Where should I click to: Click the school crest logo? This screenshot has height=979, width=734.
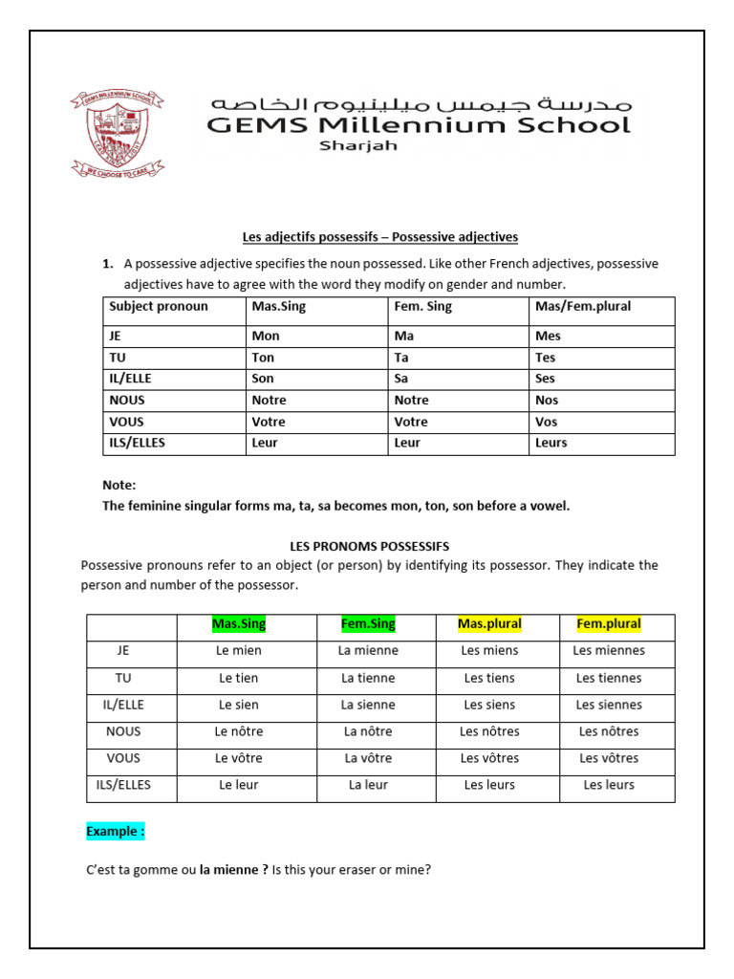[x=117, y=134]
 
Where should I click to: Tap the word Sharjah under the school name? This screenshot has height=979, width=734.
[x=357, y=146]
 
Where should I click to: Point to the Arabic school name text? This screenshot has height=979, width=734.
[x=421, y=102]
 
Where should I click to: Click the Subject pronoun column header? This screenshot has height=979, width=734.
[x=159, y=307]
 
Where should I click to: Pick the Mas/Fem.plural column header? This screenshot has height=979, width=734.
[x=583, y=307]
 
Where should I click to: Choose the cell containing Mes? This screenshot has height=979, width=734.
[x=549, y=337]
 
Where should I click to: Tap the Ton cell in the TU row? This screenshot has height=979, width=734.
[x=263, y=358]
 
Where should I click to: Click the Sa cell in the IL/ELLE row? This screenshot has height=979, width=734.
[x=402, y=379]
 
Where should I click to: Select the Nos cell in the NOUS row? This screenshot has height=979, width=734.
[x=548, y=400]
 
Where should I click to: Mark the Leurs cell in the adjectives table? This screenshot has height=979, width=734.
[x=551, y=443]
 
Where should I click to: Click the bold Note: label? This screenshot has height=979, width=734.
[x=119, y=486]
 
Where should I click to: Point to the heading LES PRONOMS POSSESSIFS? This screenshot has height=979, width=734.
[x=369, y=546]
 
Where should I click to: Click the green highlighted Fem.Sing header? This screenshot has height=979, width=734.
[x=368, y=624]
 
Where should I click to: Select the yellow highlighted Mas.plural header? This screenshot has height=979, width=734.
[x=489, y=624]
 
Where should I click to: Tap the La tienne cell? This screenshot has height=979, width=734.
[x=368, y=678]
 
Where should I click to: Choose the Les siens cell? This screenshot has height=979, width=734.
[x=489, y=705]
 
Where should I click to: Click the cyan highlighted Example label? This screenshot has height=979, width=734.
[x=116, y=831]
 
